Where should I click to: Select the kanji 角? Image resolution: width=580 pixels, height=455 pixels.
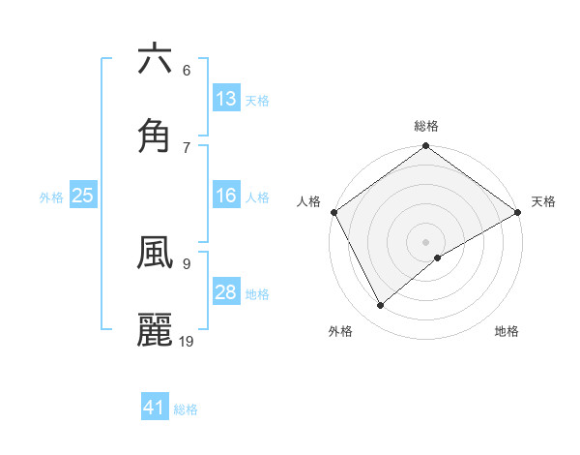click(x=155, y=136)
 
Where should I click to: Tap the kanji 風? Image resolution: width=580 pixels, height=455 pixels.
click(x=155, y=253)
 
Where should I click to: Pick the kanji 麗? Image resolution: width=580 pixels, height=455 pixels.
click(x=155, y=330)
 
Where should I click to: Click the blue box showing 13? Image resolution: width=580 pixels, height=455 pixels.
click(x=226, y=99)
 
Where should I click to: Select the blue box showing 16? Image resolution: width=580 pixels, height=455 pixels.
click(x=226, y=196)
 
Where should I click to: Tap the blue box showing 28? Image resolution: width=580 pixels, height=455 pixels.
click(x=226, y=292)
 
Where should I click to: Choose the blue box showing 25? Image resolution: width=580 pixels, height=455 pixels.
click(x=82, y=196)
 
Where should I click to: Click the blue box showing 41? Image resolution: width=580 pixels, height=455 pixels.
click(x=155, y=408)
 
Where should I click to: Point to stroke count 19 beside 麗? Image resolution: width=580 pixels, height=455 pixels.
click(x=187, y=341)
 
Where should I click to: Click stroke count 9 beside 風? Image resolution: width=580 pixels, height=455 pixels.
click(x=187, y=262)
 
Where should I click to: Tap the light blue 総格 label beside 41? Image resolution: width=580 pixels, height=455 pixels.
click(x=186, y=409)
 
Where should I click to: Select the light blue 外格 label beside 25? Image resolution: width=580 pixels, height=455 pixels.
click(x=51, y=197)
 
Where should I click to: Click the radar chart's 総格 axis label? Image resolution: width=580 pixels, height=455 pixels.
click(x=426, y=126)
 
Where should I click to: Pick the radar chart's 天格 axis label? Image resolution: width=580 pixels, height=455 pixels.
click(x=543, y=201)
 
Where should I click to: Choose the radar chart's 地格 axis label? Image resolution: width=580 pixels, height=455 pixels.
click(x=507, y=331)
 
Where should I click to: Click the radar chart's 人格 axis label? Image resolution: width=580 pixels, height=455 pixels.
click(x=308, y=201)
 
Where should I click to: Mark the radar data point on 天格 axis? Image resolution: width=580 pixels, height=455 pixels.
click(x=518, y=212)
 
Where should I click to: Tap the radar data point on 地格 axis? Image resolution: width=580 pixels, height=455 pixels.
click(x=438, y=258)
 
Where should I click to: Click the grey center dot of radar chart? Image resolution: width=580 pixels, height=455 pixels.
click(x=426, y=241)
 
